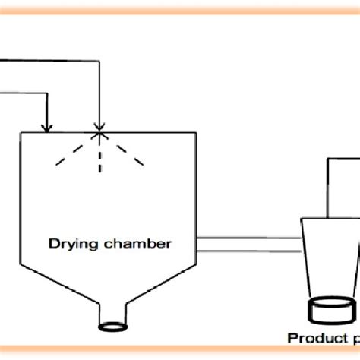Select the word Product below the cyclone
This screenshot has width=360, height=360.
(311, 339)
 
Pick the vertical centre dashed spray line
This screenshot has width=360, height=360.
(99, 156)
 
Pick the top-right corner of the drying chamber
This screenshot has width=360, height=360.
(196, 134)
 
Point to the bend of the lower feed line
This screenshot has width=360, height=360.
(48, 92)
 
